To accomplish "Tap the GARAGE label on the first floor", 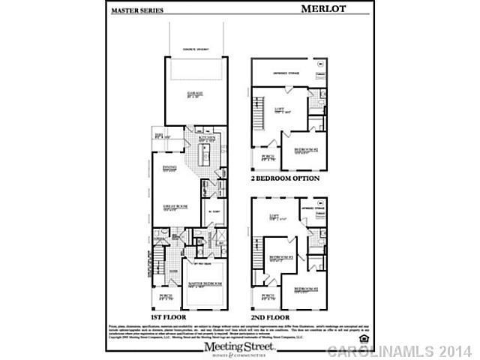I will (196, 94).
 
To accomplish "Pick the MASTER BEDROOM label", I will (205, 284).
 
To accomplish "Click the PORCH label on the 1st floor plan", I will (166, 296).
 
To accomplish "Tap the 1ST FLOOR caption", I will (168, 315).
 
